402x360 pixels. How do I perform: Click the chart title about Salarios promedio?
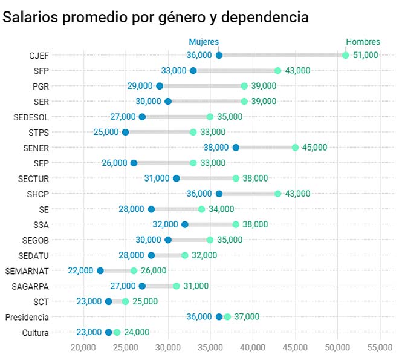[x=156, y=18]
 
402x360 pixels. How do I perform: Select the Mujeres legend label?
[x=204, y=42]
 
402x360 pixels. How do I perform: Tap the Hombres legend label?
[x=363, y=42]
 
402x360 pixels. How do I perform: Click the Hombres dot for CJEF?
[x=346, y=56]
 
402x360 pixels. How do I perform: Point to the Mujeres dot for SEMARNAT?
[x=100, y=270]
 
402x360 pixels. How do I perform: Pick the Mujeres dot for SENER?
[x=236, y=148]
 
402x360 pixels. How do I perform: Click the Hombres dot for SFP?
[x=278, y=71]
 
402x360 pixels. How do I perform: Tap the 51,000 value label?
[x=366, y=56]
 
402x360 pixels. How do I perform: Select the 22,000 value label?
[x=80, y=270]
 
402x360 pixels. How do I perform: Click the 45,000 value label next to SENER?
[x=314, y=148]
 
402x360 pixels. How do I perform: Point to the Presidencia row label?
[x=27, y=317]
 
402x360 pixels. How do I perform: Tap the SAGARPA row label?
[x=30, y=286]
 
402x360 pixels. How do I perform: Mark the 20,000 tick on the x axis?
[x=83, y=347]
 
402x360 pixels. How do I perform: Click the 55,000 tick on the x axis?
[x=380, y=347]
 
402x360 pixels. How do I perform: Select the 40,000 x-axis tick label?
[x=253, y=347]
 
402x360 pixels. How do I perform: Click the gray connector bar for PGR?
[x=202, y=86]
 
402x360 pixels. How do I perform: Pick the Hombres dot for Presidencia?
[x=227, y=317]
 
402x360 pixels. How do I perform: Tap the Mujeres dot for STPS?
[x=125, y=132]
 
